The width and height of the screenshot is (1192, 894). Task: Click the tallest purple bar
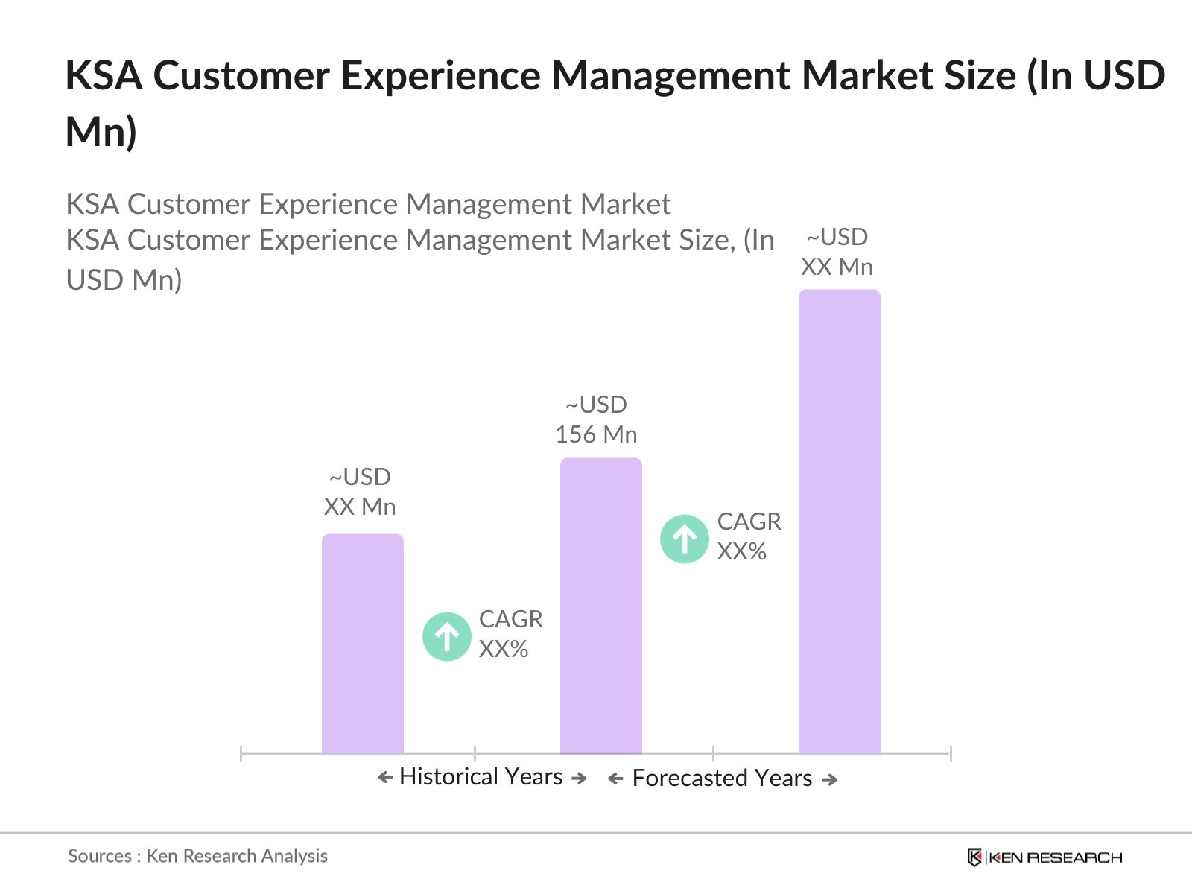coord(839,521)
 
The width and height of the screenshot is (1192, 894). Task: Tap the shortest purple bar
coord(362,644)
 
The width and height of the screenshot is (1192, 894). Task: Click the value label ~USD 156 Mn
coord(596,419)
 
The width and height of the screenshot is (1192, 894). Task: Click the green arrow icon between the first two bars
coord(446,636)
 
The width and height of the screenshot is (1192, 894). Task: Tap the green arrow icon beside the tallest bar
coord(684,539)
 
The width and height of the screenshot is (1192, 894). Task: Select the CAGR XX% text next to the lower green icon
coord(510,633)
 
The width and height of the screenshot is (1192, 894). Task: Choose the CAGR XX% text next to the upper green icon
coord(749,536)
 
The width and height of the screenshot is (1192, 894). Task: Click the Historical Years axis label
coord(481,776)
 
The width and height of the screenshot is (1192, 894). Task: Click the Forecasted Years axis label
coord(721,778)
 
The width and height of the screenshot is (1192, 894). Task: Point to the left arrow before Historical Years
coord(385,777)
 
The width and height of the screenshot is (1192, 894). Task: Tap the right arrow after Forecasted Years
coord(830,779)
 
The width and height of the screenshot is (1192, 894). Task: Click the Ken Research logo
coord(1044,857)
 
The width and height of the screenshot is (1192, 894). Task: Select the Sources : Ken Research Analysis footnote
coord(197,855)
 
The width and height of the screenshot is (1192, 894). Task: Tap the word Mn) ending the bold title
coord(101,132)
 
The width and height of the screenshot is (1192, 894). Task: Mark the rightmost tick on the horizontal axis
coord(950,753)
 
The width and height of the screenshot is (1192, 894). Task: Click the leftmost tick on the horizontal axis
coord(241,753)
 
